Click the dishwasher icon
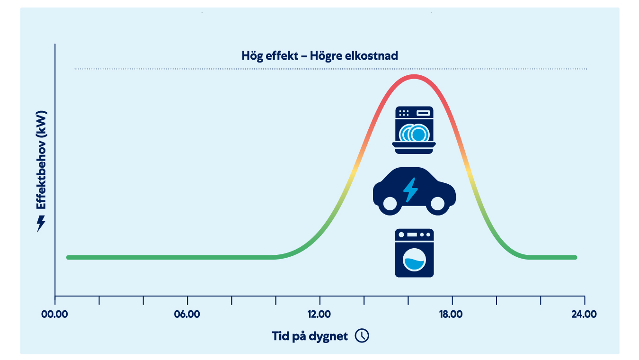coord(414,130)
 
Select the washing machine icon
coord(414,253)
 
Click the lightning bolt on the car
coord(410,190)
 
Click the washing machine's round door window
coord(414,260)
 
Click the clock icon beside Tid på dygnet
coord(362,336)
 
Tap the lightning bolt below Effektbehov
coord(41,223)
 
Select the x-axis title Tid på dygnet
coord(310,336)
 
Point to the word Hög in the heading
coord(252,56)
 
